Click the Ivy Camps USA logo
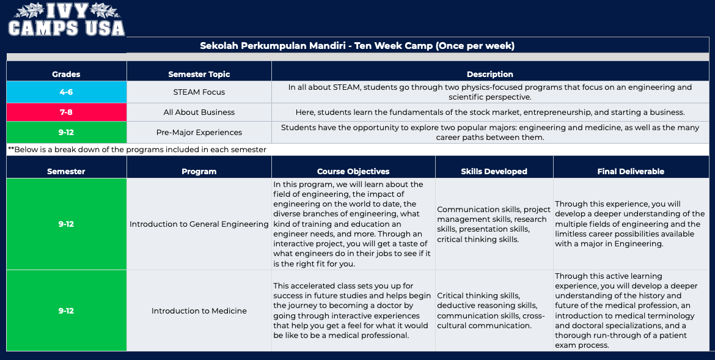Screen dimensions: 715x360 [x=66, y=20]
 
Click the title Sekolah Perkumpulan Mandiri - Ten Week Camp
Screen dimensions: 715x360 [x=357, y=46]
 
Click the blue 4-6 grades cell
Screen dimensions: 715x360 [x=67, y=92]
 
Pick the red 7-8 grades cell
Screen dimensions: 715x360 [x=67, y=112]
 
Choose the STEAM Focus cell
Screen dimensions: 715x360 [x=199, y=92]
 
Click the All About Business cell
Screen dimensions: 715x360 [x=199, y=112]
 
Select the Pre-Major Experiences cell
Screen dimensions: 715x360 [x=199, y=132]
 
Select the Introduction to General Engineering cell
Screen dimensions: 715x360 [x=199, y=224]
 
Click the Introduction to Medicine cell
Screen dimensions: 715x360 [x=199, y=310]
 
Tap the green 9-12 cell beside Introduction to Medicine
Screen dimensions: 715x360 [x=67, y=310]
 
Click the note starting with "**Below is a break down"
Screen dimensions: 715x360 [x=137, y=150]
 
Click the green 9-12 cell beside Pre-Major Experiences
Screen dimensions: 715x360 [x=67, y=132]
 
